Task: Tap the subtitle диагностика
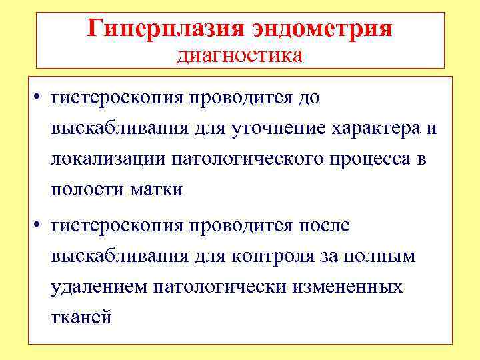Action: (239, 55)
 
